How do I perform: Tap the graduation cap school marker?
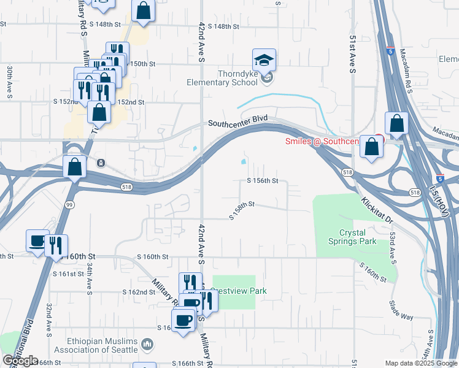point(264,59)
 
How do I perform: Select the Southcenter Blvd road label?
point(238,122)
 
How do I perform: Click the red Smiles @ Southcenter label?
point(322,142)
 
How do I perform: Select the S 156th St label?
point(263,181)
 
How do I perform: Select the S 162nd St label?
point(138,292)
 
